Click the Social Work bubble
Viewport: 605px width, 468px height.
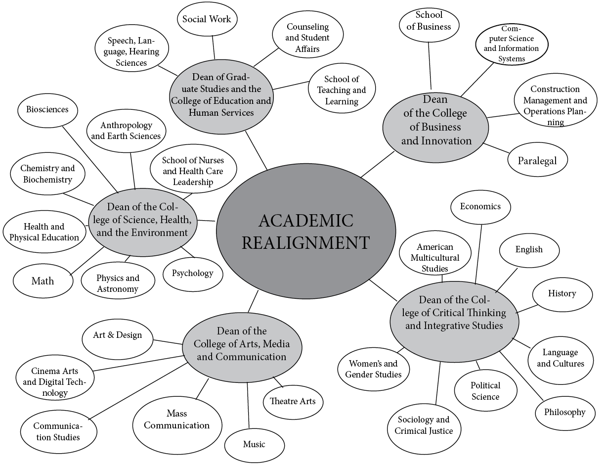pos(207,19)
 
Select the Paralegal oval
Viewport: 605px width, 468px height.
pos(537,160)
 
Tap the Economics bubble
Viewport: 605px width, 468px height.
pos(480,207)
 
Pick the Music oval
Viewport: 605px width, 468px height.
pos(254,444)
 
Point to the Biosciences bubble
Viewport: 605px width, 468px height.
pos(47,109)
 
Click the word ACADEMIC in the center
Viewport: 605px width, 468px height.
pos(306,221)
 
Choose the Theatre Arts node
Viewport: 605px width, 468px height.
pos(293,401)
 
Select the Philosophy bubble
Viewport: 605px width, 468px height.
pos(564,412)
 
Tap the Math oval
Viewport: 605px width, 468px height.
pos(43,281)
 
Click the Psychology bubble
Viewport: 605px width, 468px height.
pos(193,273)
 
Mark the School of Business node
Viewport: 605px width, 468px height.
pos(429,20)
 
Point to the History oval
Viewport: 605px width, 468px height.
pos(562,293)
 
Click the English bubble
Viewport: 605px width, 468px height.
pos(529,249)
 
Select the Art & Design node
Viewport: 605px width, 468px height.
pos(117,335)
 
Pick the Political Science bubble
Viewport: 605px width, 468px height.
pos(485,391)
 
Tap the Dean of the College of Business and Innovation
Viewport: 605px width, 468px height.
pos(436,128)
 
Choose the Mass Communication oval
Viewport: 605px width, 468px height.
pos(176,419)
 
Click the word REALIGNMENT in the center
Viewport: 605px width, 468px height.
pos(306,243)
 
